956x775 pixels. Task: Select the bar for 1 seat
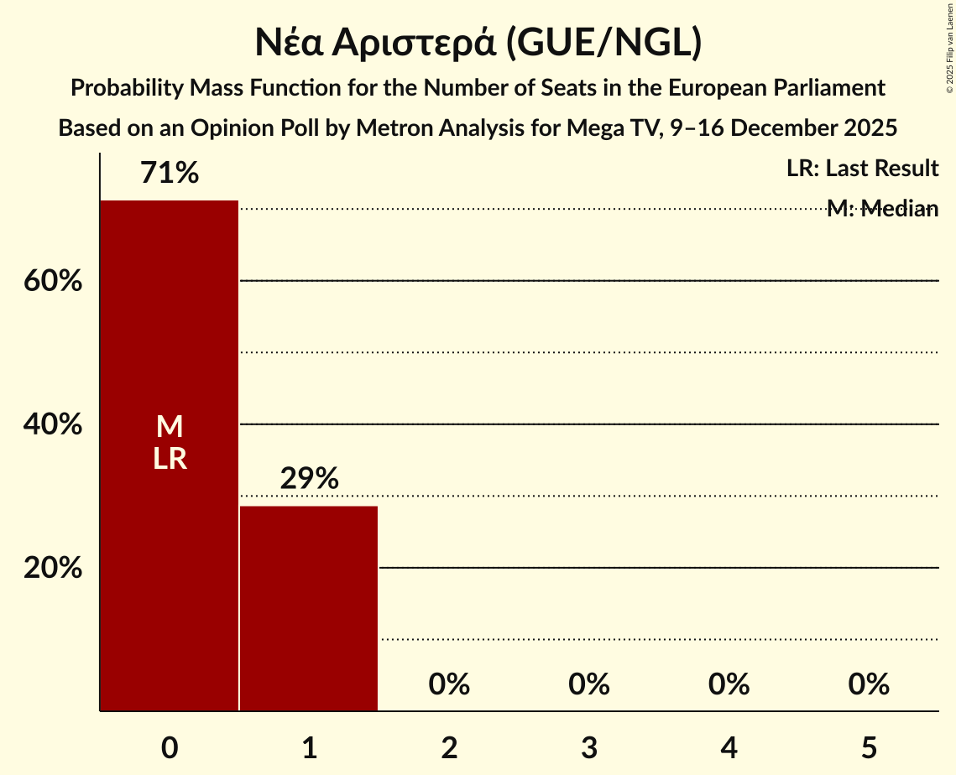click(308, 608)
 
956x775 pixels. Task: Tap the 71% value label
click(170, 174)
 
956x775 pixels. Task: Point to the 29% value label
click(309, 479)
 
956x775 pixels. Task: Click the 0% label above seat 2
click(449, 684)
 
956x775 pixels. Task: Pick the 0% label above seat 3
click(588, 684)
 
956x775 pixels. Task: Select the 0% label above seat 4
click(729, 684)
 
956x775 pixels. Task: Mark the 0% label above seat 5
click(868, 684)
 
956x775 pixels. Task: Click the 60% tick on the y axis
click(53, 281)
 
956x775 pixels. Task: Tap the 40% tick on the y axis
click(53, 424)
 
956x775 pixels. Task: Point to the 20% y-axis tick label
click(53, 568)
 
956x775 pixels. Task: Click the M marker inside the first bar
click(170, 427)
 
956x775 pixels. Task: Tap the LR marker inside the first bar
click(170, 459)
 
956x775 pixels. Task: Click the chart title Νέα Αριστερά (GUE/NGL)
click(478, 43)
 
